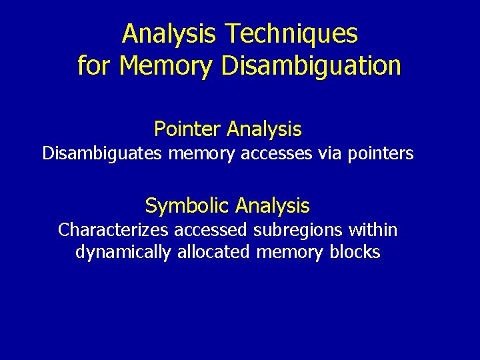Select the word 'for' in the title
(93, 66)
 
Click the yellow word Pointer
(187, 128)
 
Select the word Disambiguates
(103, 153)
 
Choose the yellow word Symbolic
(187, 205)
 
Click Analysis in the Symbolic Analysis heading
(273, 205)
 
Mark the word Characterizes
(114, 231)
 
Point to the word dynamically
(123, 253)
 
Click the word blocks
(355, 253)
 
